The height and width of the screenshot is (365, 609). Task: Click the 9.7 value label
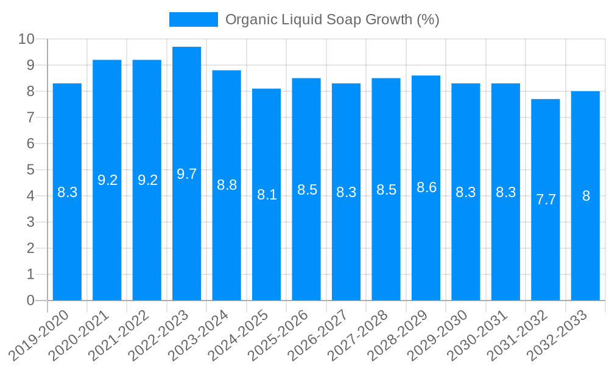[187, 174]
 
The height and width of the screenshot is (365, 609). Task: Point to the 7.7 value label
[546, 200]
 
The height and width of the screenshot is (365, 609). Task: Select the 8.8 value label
[227, 186]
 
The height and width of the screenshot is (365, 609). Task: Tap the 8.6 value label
[426, 187]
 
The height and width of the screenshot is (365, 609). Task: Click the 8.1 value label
[267, 195]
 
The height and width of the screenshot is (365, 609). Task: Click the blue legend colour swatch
[193, 19]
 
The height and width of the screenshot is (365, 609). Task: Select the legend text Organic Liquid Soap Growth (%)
[332, 19]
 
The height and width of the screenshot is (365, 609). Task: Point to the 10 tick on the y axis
[27, 40]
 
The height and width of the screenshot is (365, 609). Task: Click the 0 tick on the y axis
[30, 301]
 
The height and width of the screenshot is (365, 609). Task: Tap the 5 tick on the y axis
[30, 170]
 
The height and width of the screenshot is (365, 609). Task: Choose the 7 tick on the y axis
[30, 117]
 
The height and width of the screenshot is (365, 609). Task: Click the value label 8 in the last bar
[586, 196]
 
